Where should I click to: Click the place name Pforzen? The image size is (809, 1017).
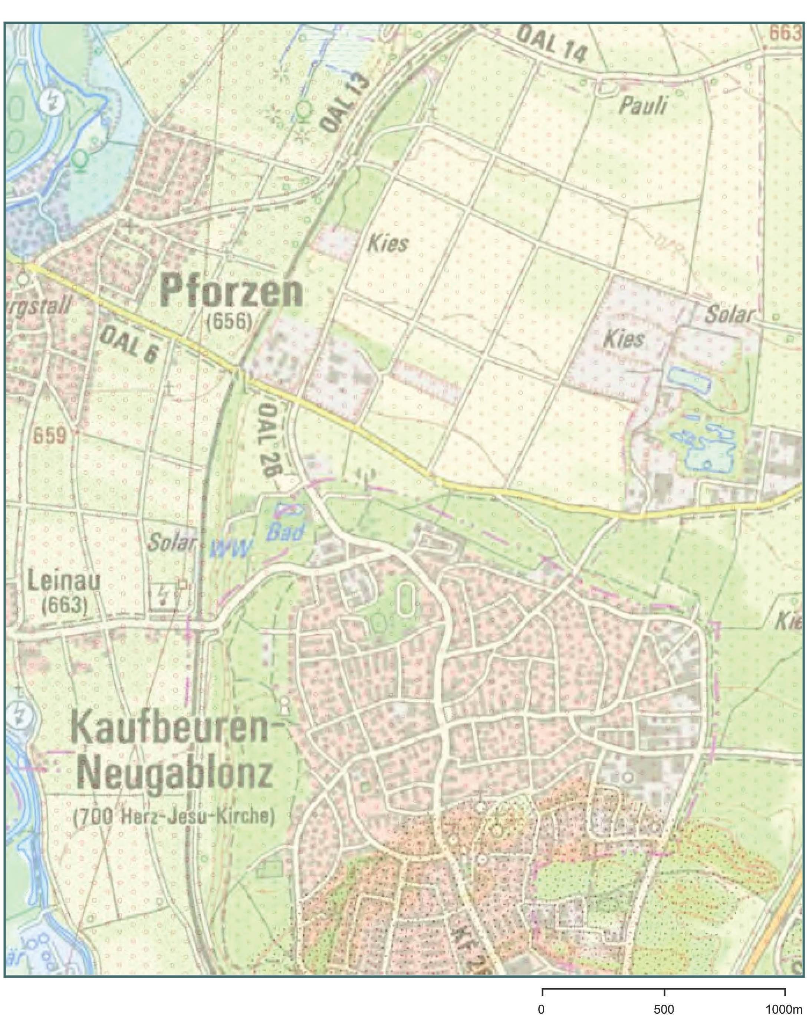click(x=231, y=292)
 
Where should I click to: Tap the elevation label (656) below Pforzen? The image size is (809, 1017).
click(x=230, y=323)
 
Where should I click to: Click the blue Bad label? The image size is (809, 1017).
click(x=285, y=532)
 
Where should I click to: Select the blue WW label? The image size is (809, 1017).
click(x=231, y=549)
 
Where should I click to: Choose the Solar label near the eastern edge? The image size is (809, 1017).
click(x=729, y=315)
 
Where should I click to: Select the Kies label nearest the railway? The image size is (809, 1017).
click(x=388, y=245)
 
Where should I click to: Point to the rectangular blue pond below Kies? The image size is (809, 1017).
click(x=688, y=379)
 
